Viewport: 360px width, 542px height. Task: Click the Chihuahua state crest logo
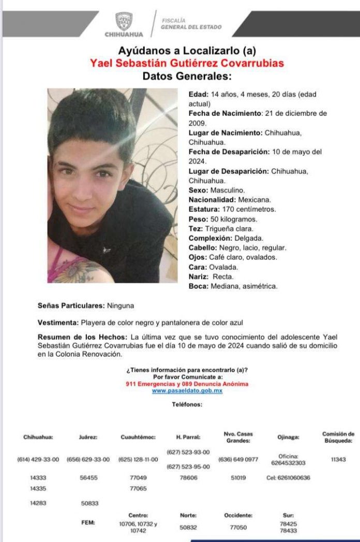(124, 22)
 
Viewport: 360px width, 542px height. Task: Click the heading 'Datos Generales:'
(187, 77)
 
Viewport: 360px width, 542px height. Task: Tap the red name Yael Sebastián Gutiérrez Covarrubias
(187, 63)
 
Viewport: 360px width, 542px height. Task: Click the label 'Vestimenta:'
(58, 323)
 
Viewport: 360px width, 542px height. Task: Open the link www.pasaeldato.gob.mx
(187, 391)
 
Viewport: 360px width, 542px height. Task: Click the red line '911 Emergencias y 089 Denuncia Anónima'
(187, 384)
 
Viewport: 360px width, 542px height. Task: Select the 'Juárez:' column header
(88, 437)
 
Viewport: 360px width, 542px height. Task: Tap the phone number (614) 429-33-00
(38, 459)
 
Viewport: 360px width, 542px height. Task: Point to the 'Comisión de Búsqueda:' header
(338, 437)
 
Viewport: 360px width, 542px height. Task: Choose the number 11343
(338, 459)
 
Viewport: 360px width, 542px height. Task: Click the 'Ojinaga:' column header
(288, 437)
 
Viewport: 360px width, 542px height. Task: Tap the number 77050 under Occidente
(238, 527)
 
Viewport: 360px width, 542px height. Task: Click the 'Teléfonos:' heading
(187, 404)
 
